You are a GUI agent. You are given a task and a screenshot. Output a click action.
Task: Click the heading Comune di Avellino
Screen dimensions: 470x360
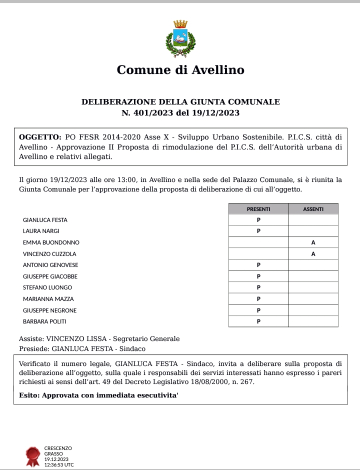(180, 70)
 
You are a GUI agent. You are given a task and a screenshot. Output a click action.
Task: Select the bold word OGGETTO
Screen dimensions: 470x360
(39, 136)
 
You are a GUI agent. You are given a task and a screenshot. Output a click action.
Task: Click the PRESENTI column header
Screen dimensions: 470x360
(258, 209)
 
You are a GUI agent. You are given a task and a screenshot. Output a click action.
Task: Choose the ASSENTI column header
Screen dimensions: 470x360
(313, 209)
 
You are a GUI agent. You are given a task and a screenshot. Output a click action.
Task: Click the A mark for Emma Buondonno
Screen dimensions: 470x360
(313, 242)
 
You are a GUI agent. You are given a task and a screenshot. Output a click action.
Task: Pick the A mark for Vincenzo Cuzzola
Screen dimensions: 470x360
(313, 254)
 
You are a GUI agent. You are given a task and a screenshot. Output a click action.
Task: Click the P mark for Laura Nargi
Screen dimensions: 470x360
(258, 231)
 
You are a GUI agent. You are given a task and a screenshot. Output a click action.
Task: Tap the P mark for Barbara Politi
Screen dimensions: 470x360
(258, 321)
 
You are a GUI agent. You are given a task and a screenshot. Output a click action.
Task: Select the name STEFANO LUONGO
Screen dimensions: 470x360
(47, 287)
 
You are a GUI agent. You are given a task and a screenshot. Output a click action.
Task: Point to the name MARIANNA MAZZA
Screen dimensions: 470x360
(48, 299)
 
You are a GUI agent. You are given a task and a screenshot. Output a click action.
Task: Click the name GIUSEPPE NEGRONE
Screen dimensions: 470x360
(50, 310)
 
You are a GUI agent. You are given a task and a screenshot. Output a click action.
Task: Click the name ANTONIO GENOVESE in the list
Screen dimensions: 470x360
(50, 265)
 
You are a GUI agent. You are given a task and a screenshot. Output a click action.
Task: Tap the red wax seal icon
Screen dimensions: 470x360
(33, 456)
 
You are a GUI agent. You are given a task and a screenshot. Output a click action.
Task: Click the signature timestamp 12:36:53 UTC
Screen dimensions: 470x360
(59, 465)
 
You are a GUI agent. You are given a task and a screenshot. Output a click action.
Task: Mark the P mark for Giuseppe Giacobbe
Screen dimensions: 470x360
(258, 276)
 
